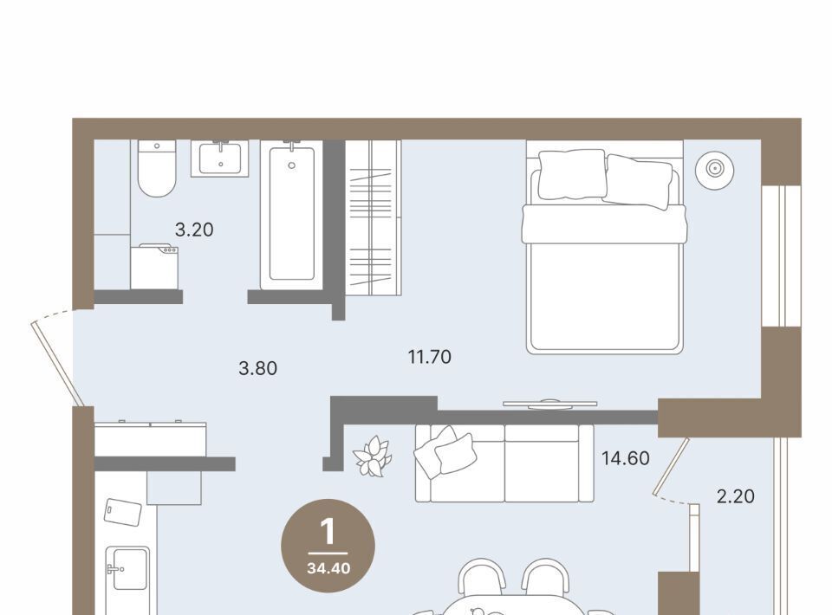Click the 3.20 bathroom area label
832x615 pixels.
[x=194, y=230]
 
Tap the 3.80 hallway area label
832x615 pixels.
[x=258, y=368]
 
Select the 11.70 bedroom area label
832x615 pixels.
[x=430, y=357]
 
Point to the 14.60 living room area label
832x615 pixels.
[x=626, y=458]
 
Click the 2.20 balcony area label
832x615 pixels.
[x=736, y=496]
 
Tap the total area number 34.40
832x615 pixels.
[x=328, y=568]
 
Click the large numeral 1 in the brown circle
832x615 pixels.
[x=328, y=532]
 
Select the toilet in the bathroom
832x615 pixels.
[x=157, y=168]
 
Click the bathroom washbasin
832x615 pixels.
[x=219, y=159]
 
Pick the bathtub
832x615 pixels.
[x=291, y=215]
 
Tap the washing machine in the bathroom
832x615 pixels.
[x=154, y=267]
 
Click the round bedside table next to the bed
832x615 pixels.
[x=715, y=169]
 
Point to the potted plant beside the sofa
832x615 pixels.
[x=373, y=456]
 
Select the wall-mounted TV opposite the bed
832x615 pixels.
[x=550, y=404]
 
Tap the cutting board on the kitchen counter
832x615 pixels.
[x=122, y=512]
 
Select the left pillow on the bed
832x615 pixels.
[x=571, y=175]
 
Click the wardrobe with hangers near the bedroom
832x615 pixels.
[x=374, y=217]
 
